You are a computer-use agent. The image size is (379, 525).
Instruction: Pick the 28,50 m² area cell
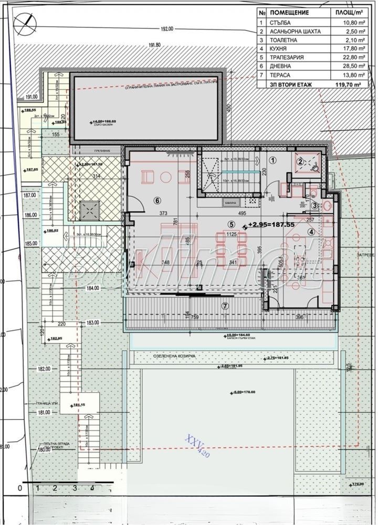[x=347, y=69]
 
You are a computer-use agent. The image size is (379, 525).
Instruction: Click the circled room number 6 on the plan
[x=156, y=200]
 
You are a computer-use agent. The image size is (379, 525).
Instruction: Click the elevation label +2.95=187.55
[x=272, y=224]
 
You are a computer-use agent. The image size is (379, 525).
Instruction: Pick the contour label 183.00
[x=93, y=322]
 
